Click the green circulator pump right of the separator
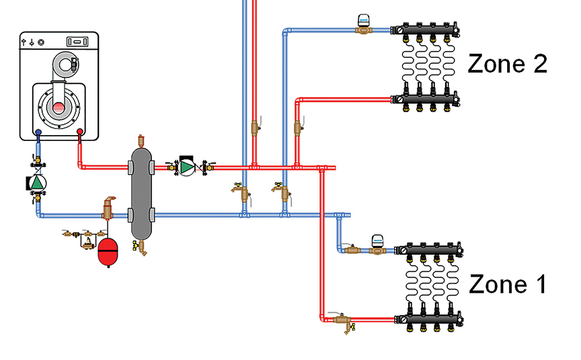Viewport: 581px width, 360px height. (186, 167)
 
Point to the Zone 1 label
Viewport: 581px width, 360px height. (507, 284)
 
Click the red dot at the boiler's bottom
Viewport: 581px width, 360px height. (80, 132)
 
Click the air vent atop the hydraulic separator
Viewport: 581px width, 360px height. (141, 140)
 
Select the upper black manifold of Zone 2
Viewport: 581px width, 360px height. (427, 30)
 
